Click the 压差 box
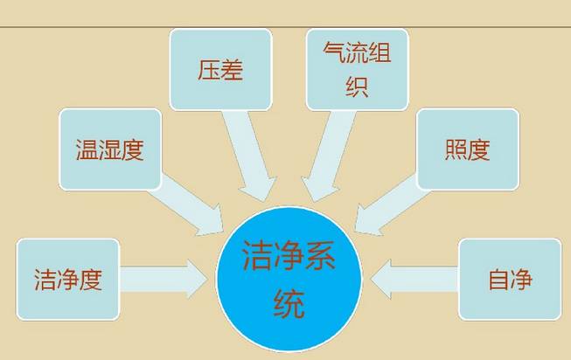[x=221, y=70]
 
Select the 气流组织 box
[x=358, y=70]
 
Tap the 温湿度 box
[x=110, y=149]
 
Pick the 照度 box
[x=468, y=149]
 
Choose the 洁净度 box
[x=68, y=280]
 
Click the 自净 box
[x=510, y=280]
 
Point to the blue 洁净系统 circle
[x=289, y=280]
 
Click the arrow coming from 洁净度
[x=164, y=280]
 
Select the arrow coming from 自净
[x=414, y=280]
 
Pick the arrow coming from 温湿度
[x=186, y=205]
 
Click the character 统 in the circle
[x=289, y=303]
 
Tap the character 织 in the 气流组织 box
[x=357, y=86]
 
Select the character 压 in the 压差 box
[x=209, y=70]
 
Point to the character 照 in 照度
[x=456, y=149]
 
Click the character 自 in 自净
[x=498, y=280]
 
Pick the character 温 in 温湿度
[x=87, y=149]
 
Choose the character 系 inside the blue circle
[x=320, y=255]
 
